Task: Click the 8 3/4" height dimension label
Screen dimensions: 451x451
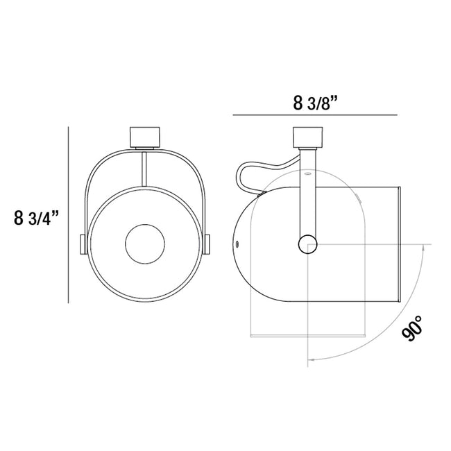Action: [37, 218]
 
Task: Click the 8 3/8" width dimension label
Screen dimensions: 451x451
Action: [315, 103]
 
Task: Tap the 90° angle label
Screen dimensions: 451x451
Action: [412, 328]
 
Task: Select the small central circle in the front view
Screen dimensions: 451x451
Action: [145, 244]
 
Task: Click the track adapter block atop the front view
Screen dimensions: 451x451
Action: [145, 137]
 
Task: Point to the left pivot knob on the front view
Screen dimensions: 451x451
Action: [83, 244]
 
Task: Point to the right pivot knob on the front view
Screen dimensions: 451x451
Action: [207, 244]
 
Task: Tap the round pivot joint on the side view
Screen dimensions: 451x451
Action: [308, 244]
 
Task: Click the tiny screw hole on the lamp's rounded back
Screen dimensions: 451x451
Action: [237, 244]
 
